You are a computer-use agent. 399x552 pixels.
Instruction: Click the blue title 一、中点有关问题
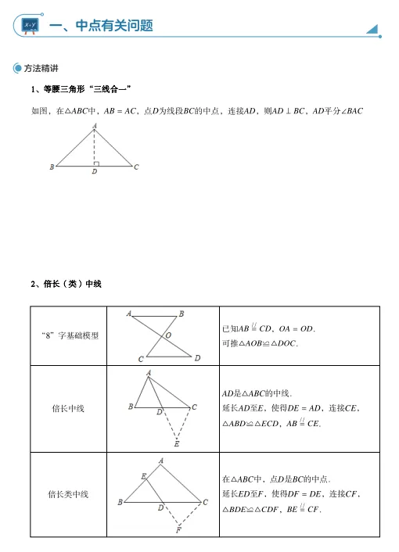100,26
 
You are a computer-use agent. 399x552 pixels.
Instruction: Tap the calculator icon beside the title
31,27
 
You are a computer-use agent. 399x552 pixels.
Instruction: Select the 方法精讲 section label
46,69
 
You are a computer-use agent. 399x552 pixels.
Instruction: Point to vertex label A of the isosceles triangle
95,124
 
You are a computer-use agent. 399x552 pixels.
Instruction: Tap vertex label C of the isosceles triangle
136,167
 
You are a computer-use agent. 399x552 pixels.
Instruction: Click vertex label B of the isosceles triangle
52,167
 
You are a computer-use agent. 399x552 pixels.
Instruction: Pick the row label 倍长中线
68,408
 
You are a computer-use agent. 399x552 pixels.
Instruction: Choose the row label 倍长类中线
68,494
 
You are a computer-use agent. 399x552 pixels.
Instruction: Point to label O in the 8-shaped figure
168,335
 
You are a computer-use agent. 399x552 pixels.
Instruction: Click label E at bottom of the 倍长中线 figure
178,444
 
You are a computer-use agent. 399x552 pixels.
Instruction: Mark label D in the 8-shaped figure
198,358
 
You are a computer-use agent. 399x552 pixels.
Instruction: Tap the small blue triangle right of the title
372,29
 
